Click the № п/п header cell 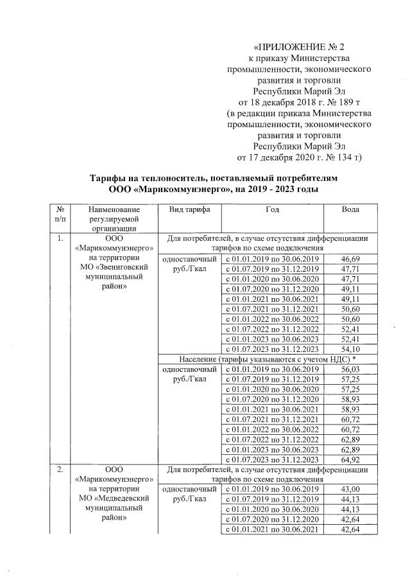(x=59, y=215)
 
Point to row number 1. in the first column (x=59, y=239)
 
